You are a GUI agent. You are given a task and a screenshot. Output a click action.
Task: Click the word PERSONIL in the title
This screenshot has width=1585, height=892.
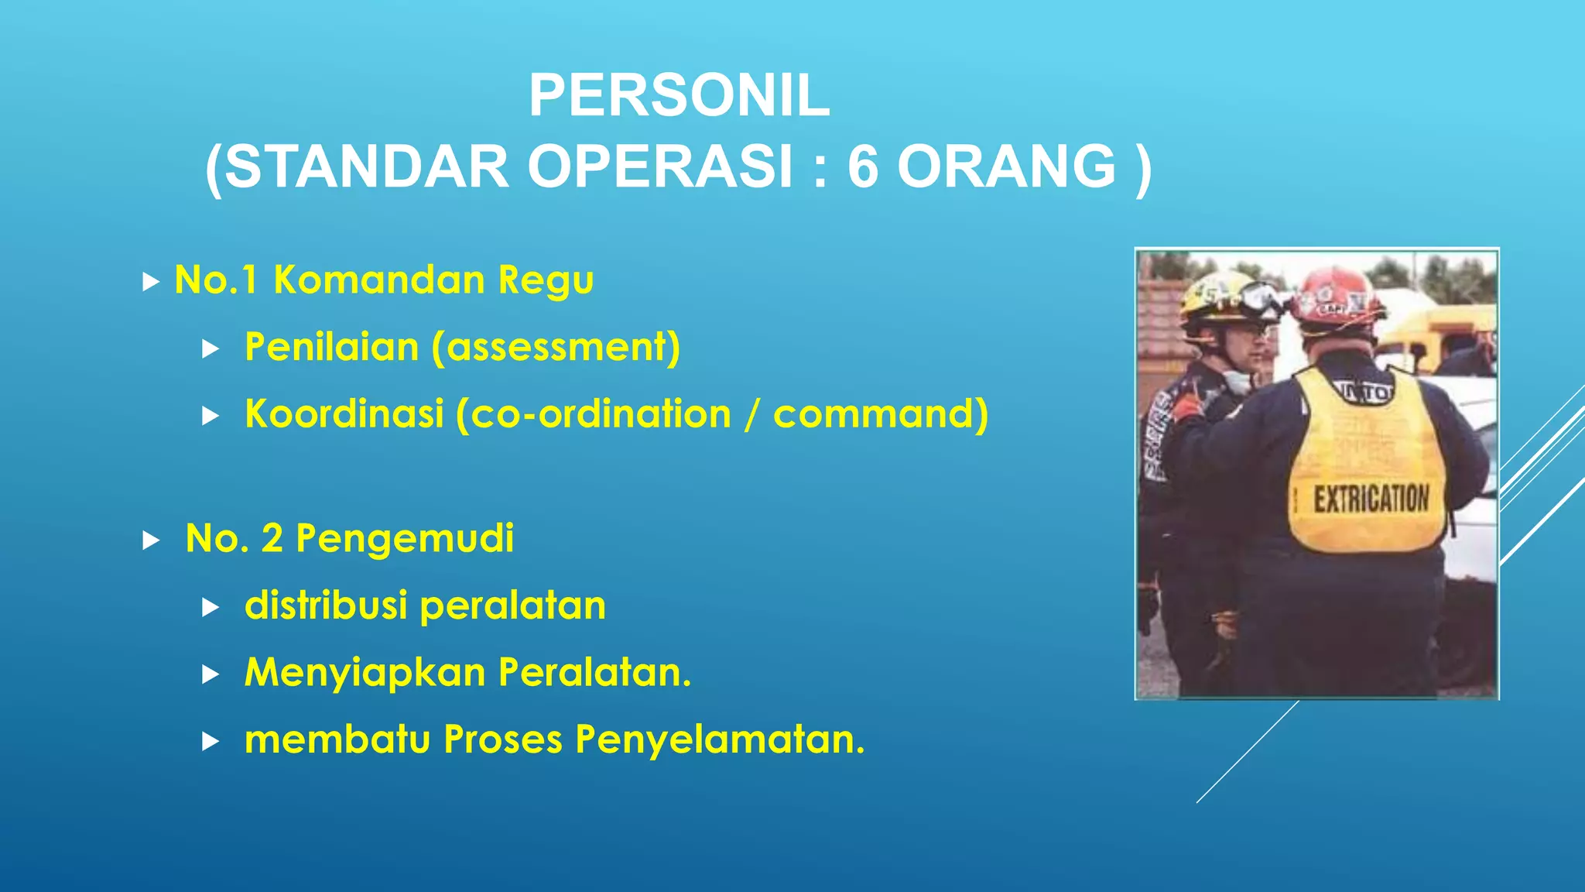click(x=679, y=96)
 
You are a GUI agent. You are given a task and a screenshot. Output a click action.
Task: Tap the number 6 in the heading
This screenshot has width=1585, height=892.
click(x=863, y=167)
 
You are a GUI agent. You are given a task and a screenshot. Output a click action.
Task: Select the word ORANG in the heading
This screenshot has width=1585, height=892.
click(x=1007, y=167)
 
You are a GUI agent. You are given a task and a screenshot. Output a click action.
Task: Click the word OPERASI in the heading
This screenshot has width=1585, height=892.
click(x=661, y=167)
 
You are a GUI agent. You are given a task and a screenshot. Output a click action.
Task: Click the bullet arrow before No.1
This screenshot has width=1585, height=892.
click(x=151, y=282)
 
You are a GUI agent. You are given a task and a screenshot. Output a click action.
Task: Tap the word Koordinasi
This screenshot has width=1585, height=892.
click(x=344, y=413)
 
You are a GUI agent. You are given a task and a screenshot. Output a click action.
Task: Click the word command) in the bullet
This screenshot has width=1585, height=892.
click(x=881, y=413)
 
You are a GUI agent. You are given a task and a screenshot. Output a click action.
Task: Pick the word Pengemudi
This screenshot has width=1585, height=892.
click(x=405, y=539)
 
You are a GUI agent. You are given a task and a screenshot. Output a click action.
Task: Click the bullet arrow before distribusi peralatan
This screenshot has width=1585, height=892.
click(x=210, y=608)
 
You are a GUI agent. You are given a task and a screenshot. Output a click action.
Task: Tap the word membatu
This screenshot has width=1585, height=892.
click(x=337, y=739)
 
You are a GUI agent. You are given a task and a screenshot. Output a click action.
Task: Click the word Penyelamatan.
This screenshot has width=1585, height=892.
click(x=720, y=739)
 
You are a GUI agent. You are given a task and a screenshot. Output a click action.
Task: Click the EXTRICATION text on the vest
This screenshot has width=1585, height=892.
click(x=1371, y=499)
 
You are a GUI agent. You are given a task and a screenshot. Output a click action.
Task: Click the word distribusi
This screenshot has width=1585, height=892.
click(x=326, y=606)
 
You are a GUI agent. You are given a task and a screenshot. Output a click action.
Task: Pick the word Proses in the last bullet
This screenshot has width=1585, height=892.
click(x=503, y=739)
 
